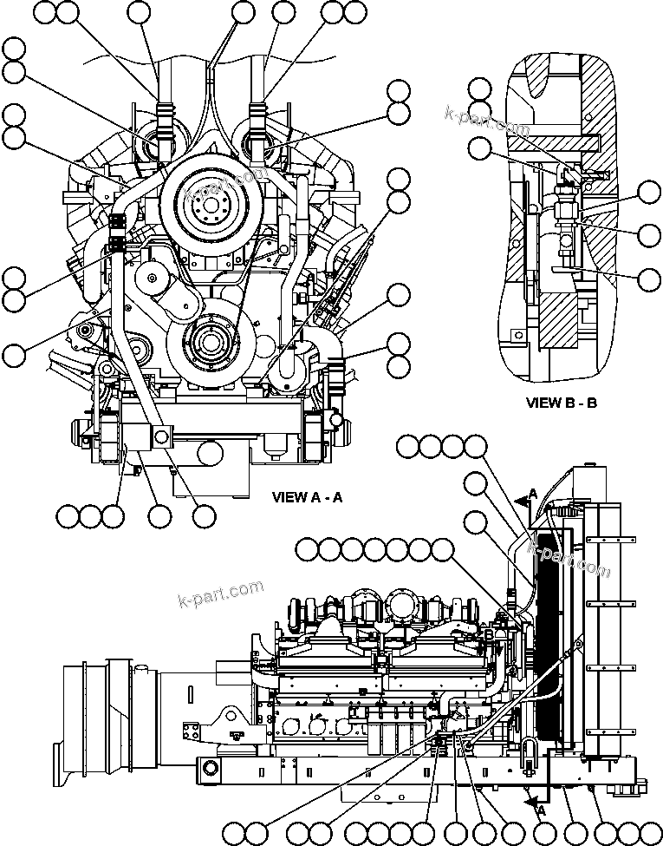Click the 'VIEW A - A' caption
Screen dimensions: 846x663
(x=308, y=497)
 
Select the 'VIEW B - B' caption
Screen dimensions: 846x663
(x=562, y=403)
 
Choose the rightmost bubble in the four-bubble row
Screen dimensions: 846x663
(x=475, y=447)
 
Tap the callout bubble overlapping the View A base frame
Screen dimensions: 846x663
(x=209, y=453)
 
